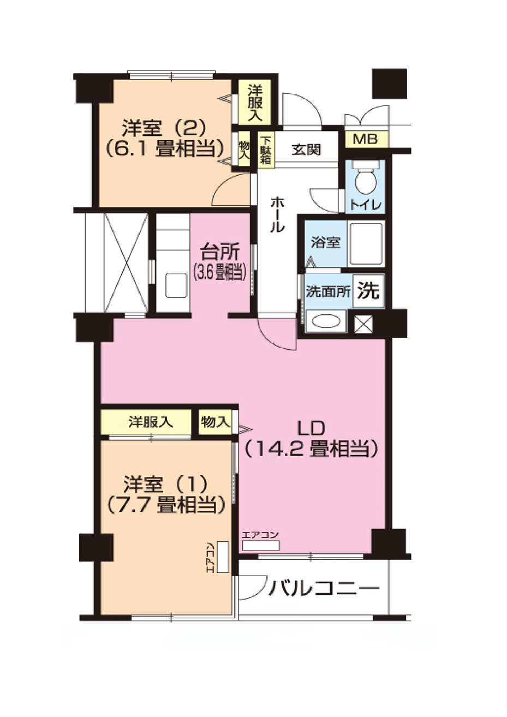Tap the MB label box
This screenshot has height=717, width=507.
(x=366, y=139)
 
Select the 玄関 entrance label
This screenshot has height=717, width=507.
(x=306, y=149)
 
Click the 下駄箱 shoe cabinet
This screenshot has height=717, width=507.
(x=266, y=150)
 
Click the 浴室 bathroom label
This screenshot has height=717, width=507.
(x=325, y=242)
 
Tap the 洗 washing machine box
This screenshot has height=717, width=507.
(x=368, y=291)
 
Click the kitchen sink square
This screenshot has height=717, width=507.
(x=175, y=285)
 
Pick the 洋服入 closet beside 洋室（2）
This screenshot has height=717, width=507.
(x=254, y=103)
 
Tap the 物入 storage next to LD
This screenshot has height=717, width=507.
(x=214, y=421)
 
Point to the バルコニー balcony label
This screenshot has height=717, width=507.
(x=324, y=589)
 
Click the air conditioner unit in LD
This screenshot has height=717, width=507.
(x=261, y=546)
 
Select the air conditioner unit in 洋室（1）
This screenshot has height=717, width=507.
(x=223, y=556)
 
